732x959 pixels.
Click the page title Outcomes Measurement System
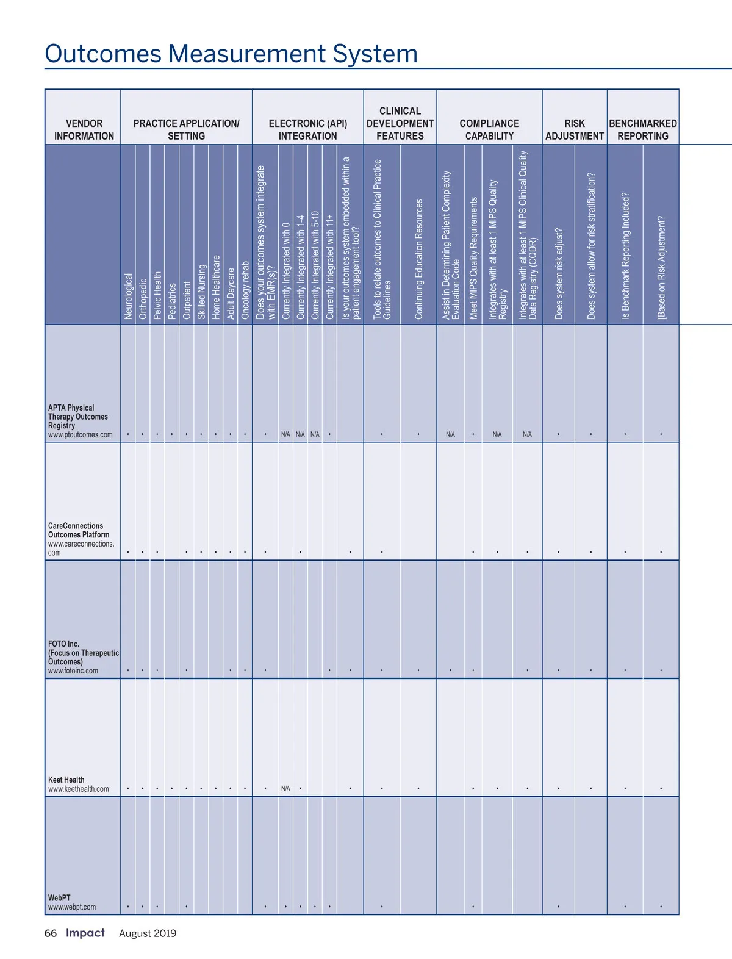tap(231, 54)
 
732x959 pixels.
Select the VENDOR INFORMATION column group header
tap(84, 129)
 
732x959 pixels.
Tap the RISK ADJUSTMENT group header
tap(574, 129)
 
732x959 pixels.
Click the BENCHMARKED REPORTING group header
tap(643, 129)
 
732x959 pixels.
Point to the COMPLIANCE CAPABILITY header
tap(489, 129)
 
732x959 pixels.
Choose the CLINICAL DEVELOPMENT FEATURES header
tap(400, 123)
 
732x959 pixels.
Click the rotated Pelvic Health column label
tap(157, 295)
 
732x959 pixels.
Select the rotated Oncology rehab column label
tap(245, 290)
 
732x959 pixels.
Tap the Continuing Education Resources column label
tap(418, 259)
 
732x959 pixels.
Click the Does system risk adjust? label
tap(559, 274)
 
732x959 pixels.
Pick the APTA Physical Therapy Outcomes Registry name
tap(78, 417)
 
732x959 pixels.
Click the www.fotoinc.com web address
tap(73, 671)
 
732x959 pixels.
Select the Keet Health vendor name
tap(66, 780)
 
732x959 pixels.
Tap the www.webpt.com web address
tap(72, 907)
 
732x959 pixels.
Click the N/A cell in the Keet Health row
tap(285, 789)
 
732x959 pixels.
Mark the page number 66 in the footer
tap(51, 933)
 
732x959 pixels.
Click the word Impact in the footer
tap(85, 933)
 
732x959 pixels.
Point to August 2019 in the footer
tap(148, 933)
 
